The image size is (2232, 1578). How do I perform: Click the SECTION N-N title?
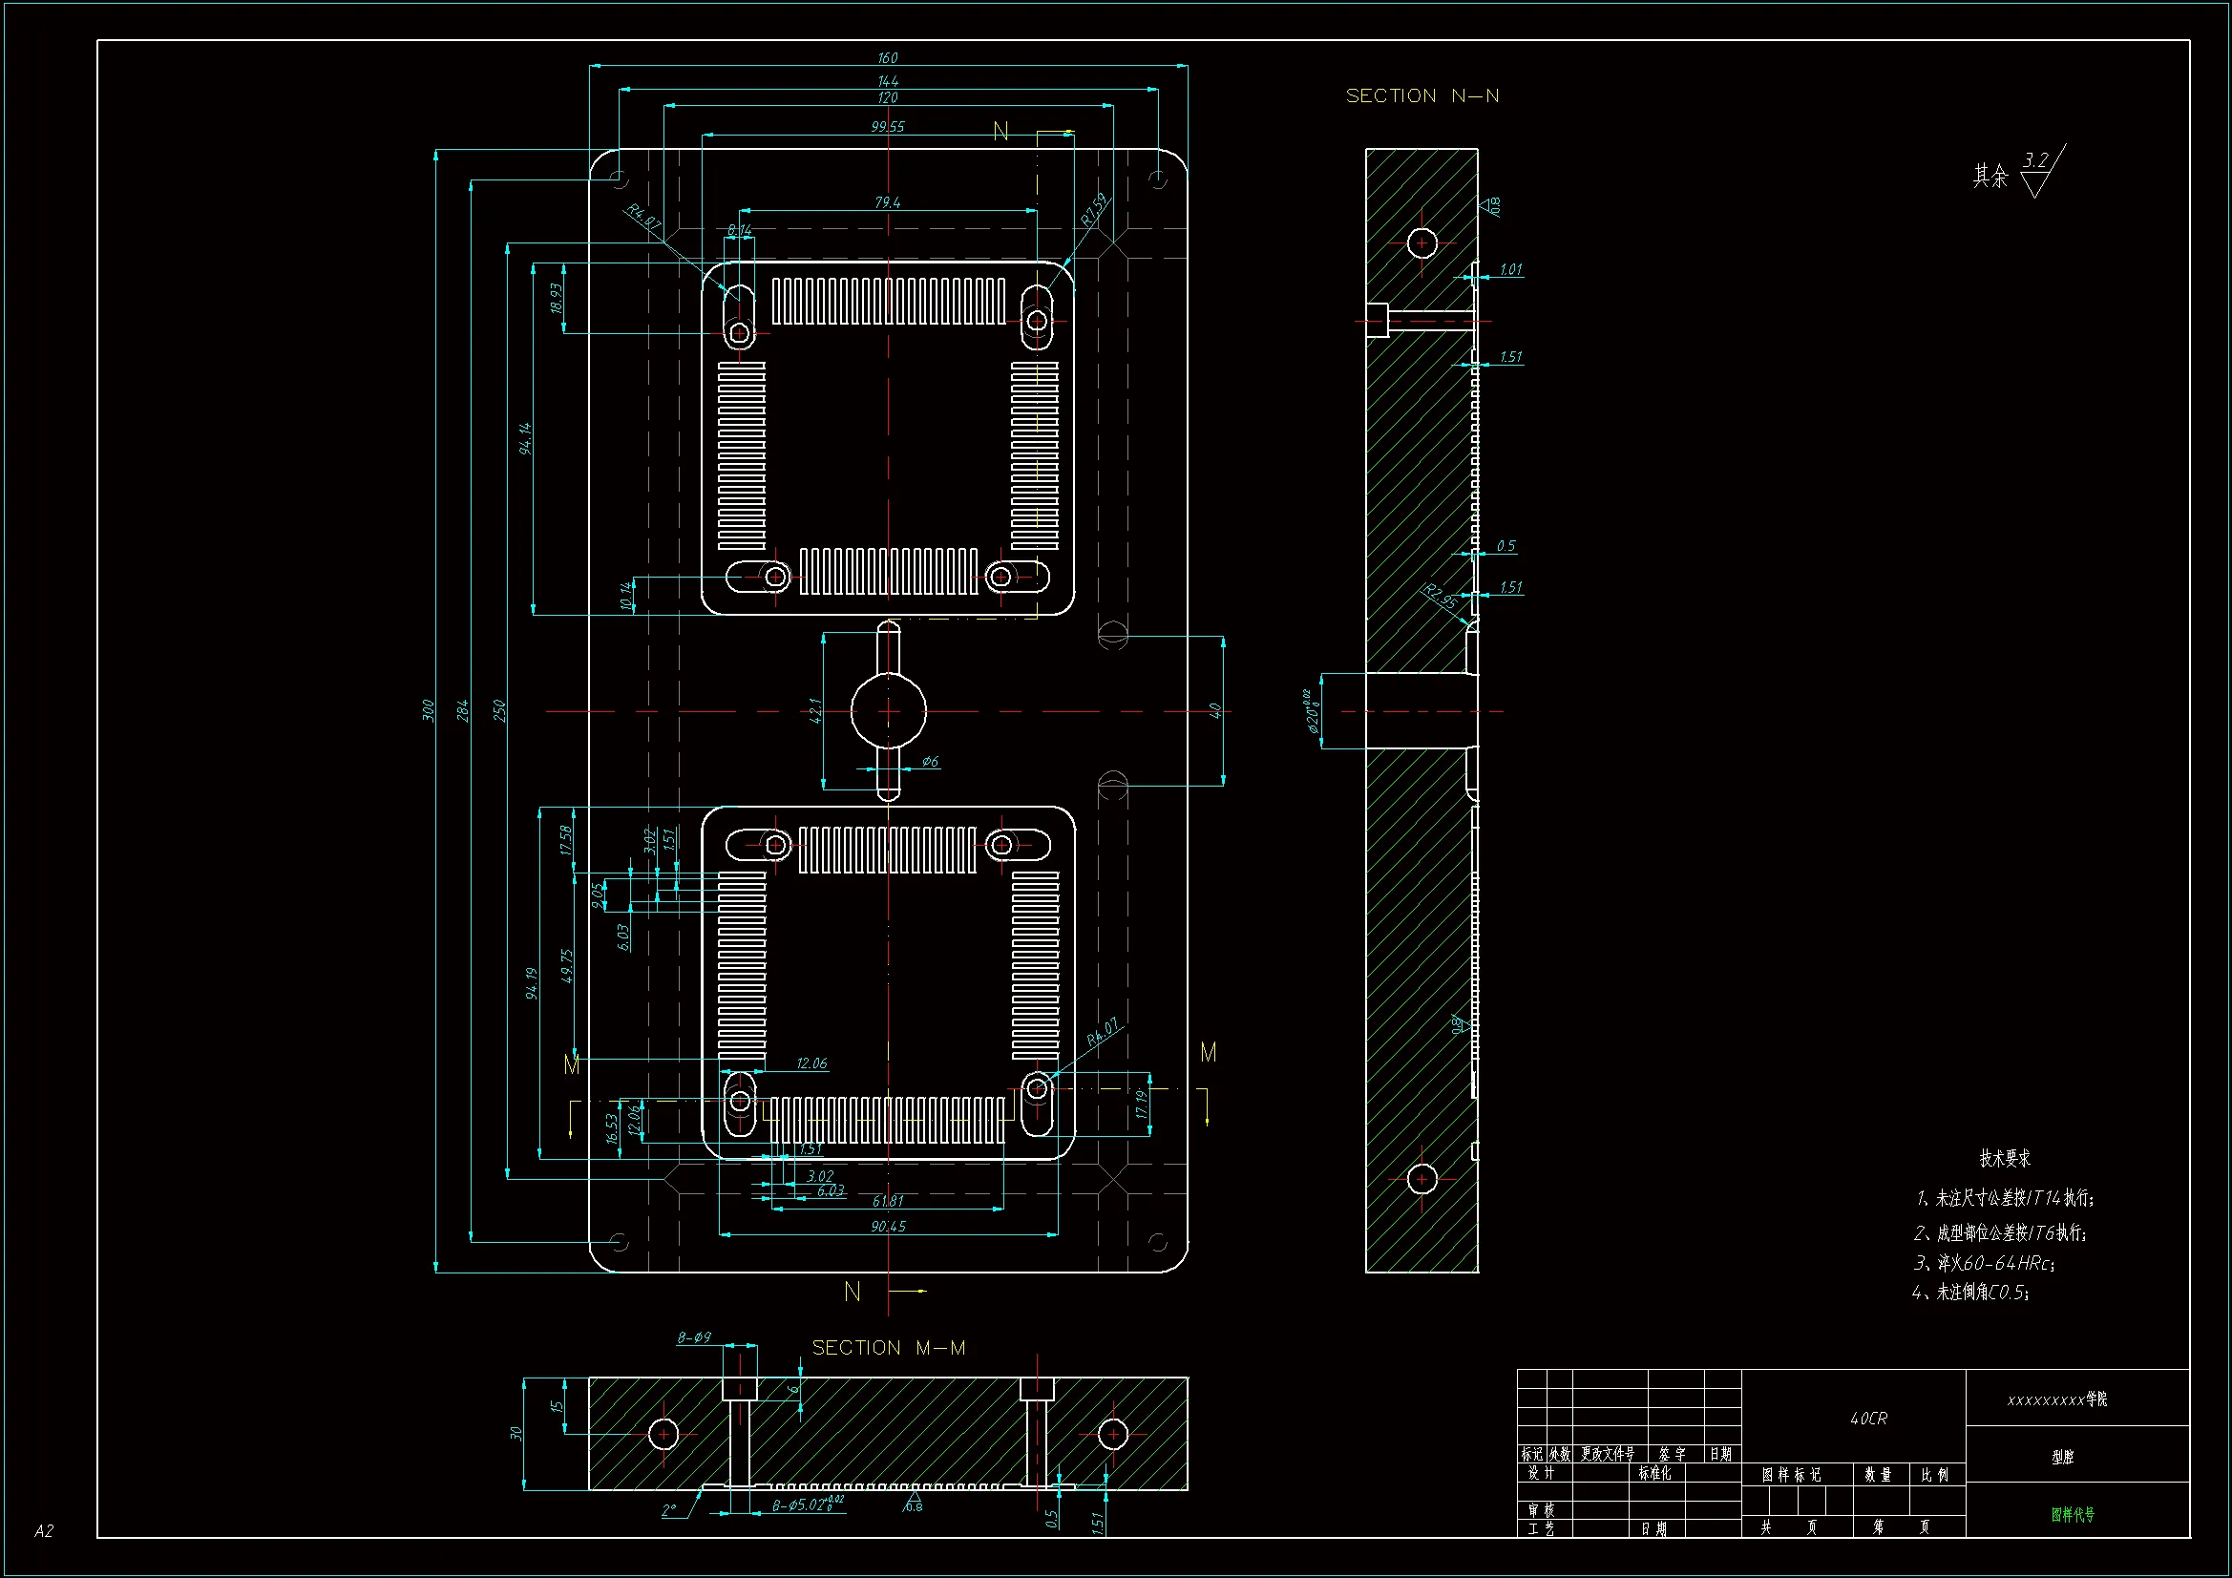pos(1421,96)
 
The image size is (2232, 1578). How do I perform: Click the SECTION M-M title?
pos(889,1348)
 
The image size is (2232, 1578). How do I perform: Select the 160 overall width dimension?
pos(887,58)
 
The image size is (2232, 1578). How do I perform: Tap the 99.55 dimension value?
pos(887,126)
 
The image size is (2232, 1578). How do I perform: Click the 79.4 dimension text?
pos(887,202)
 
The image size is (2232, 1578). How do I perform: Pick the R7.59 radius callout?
pos(1094,210)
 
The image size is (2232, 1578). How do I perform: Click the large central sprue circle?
pos(889,711)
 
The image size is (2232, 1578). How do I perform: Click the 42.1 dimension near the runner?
pos(815,711)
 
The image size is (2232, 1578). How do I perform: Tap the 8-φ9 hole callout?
pos(694,1337)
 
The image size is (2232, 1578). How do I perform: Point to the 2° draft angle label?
pos(669,1510)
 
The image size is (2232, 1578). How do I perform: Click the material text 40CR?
pos(1867,1419)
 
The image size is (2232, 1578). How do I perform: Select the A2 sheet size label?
pos(44,1531)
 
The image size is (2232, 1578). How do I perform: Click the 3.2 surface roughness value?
pos(2035,160)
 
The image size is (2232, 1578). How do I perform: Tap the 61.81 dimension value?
pos(887,1201)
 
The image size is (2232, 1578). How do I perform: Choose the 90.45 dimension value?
pos(887,1227)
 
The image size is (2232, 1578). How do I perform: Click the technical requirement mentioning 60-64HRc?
pos(1983,1263)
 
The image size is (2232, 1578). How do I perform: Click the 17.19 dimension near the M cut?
pos(1141,1104)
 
